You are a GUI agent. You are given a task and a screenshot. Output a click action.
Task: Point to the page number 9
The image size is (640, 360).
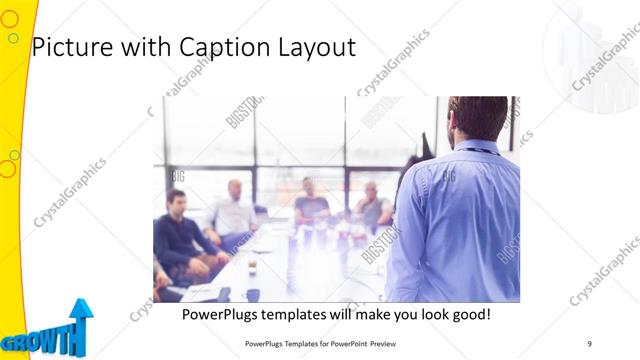tap(590, 343)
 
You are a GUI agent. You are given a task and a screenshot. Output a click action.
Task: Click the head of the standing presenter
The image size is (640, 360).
tap(478, 117)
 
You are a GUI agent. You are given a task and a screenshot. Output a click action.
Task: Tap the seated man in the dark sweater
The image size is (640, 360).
tap(179, 236)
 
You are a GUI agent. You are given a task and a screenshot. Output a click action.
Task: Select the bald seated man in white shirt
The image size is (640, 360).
tap(234, 212)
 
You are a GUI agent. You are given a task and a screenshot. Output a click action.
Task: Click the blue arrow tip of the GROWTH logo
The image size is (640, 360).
tap(80, 306)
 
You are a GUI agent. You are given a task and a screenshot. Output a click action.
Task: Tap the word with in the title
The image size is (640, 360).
tap(144, 47)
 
